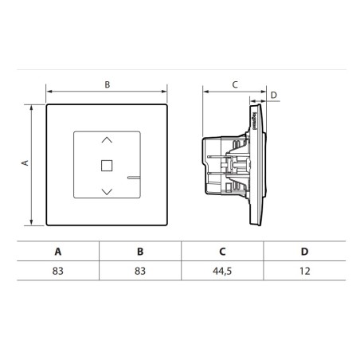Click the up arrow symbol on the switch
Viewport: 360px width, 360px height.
click(108, 140)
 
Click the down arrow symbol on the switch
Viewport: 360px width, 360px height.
click(108, 191)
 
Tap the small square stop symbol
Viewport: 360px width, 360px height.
click(108, 166)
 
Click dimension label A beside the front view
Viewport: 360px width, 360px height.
click(24, 162)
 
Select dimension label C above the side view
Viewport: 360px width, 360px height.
click(234, 83)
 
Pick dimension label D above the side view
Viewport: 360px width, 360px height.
click(273, 95)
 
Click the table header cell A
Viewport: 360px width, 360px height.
click(57, 251)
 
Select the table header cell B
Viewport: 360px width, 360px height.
click(140, 251)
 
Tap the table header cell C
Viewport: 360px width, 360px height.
click(222, 251)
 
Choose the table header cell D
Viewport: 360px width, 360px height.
click(304, 251)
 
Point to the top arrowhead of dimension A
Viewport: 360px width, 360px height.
click(32, 106)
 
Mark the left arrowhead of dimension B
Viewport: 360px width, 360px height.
click(49, 90)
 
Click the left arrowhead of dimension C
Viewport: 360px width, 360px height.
click(205, 90)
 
